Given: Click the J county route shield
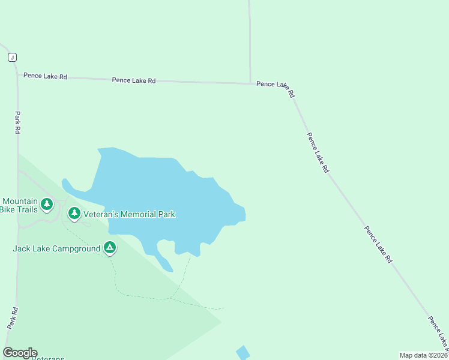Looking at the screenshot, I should tap(12, 57).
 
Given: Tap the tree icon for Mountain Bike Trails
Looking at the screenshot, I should tap(47, 205).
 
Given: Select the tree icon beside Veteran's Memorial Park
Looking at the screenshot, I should tap(74, 213).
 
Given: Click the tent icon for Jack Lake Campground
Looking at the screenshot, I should tap(109, 247).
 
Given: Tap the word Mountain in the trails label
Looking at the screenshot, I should tap(20, 202).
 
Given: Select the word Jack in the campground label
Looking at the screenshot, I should tap(22, 248).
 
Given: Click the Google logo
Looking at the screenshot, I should tap(20, 353).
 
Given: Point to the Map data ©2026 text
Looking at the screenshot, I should tap(423, 355).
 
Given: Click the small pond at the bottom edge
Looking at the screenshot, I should tap(243, 352).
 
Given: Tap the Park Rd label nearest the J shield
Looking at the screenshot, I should tap(18, 122).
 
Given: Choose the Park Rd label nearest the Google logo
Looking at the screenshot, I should tap(13, 317).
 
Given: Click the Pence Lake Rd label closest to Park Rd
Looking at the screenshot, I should tap(45, 77).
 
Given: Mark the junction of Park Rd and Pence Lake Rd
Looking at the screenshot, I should tap(17, 76).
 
